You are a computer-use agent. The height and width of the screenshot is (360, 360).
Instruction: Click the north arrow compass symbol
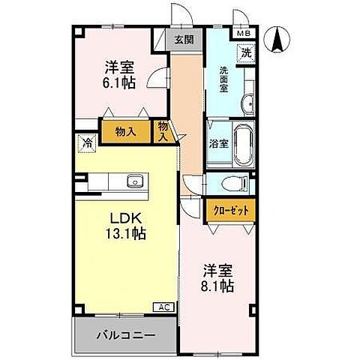tap(279, 39)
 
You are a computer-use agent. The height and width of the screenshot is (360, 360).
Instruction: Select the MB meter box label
tap(244, 34)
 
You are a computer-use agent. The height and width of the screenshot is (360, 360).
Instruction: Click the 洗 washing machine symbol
tap(246, 53)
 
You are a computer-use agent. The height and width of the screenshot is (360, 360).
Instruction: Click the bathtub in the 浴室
tap(244, 145)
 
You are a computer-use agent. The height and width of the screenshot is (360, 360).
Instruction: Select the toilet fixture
tap(234, 184)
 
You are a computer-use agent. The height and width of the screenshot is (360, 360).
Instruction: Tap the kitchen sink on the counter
tap(136, 181)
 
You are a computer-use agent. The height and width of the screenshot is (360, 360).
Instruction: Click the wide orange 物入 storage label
tap(125, 131)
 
